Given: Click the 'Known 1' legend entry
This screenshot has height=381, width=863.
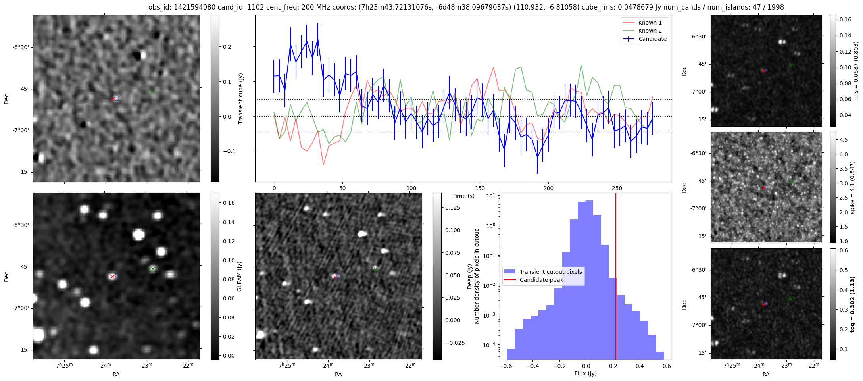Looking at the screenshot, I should (650, 23).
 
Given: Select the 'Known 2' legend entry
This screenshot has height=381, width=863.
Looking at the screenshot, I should (650, 31).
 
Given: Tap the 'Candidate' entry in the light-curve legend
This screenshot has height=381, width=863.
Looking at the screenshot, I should (652, 39).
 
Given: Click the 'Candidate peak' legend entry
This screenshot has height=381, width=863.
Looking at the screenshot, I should (541, 280).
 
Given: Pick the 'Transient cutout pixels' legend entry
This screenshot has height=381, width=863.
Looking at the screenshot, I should (550, 272).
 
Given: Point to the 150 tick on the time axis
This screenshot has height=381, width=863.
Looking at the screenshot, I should (480, 188).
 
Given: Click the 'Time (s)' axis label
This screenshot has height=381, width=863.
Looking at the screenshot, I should (463, 196).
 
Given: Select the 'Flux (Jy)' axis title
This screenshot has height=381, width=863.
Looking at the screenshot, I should (585, 373).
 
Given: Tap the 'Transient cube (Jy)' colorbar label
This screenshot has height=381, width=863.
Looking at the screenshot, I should (241, 98).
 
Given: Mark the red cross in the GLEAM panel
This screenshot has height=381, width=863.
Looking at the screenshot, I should (112, 277).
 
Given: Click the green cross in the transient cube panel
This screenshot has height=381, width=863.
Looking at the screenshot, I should (153, 91).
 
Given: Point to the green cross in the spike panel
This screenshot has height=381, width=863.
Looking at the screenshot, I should (790, 183).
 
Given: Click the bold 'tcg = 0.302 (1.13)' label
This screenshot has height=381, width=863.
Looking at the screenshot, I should (853, 304).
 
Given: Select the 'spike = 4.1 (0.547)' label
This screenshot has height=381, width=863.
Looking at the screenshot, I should (853, 187).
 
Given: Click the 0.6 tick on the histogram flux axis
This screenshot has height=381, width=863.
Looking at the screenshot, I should (667, 366).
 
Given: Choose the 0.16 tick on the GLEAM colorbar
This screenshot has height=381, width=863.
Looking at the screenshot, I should (229, 203).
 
